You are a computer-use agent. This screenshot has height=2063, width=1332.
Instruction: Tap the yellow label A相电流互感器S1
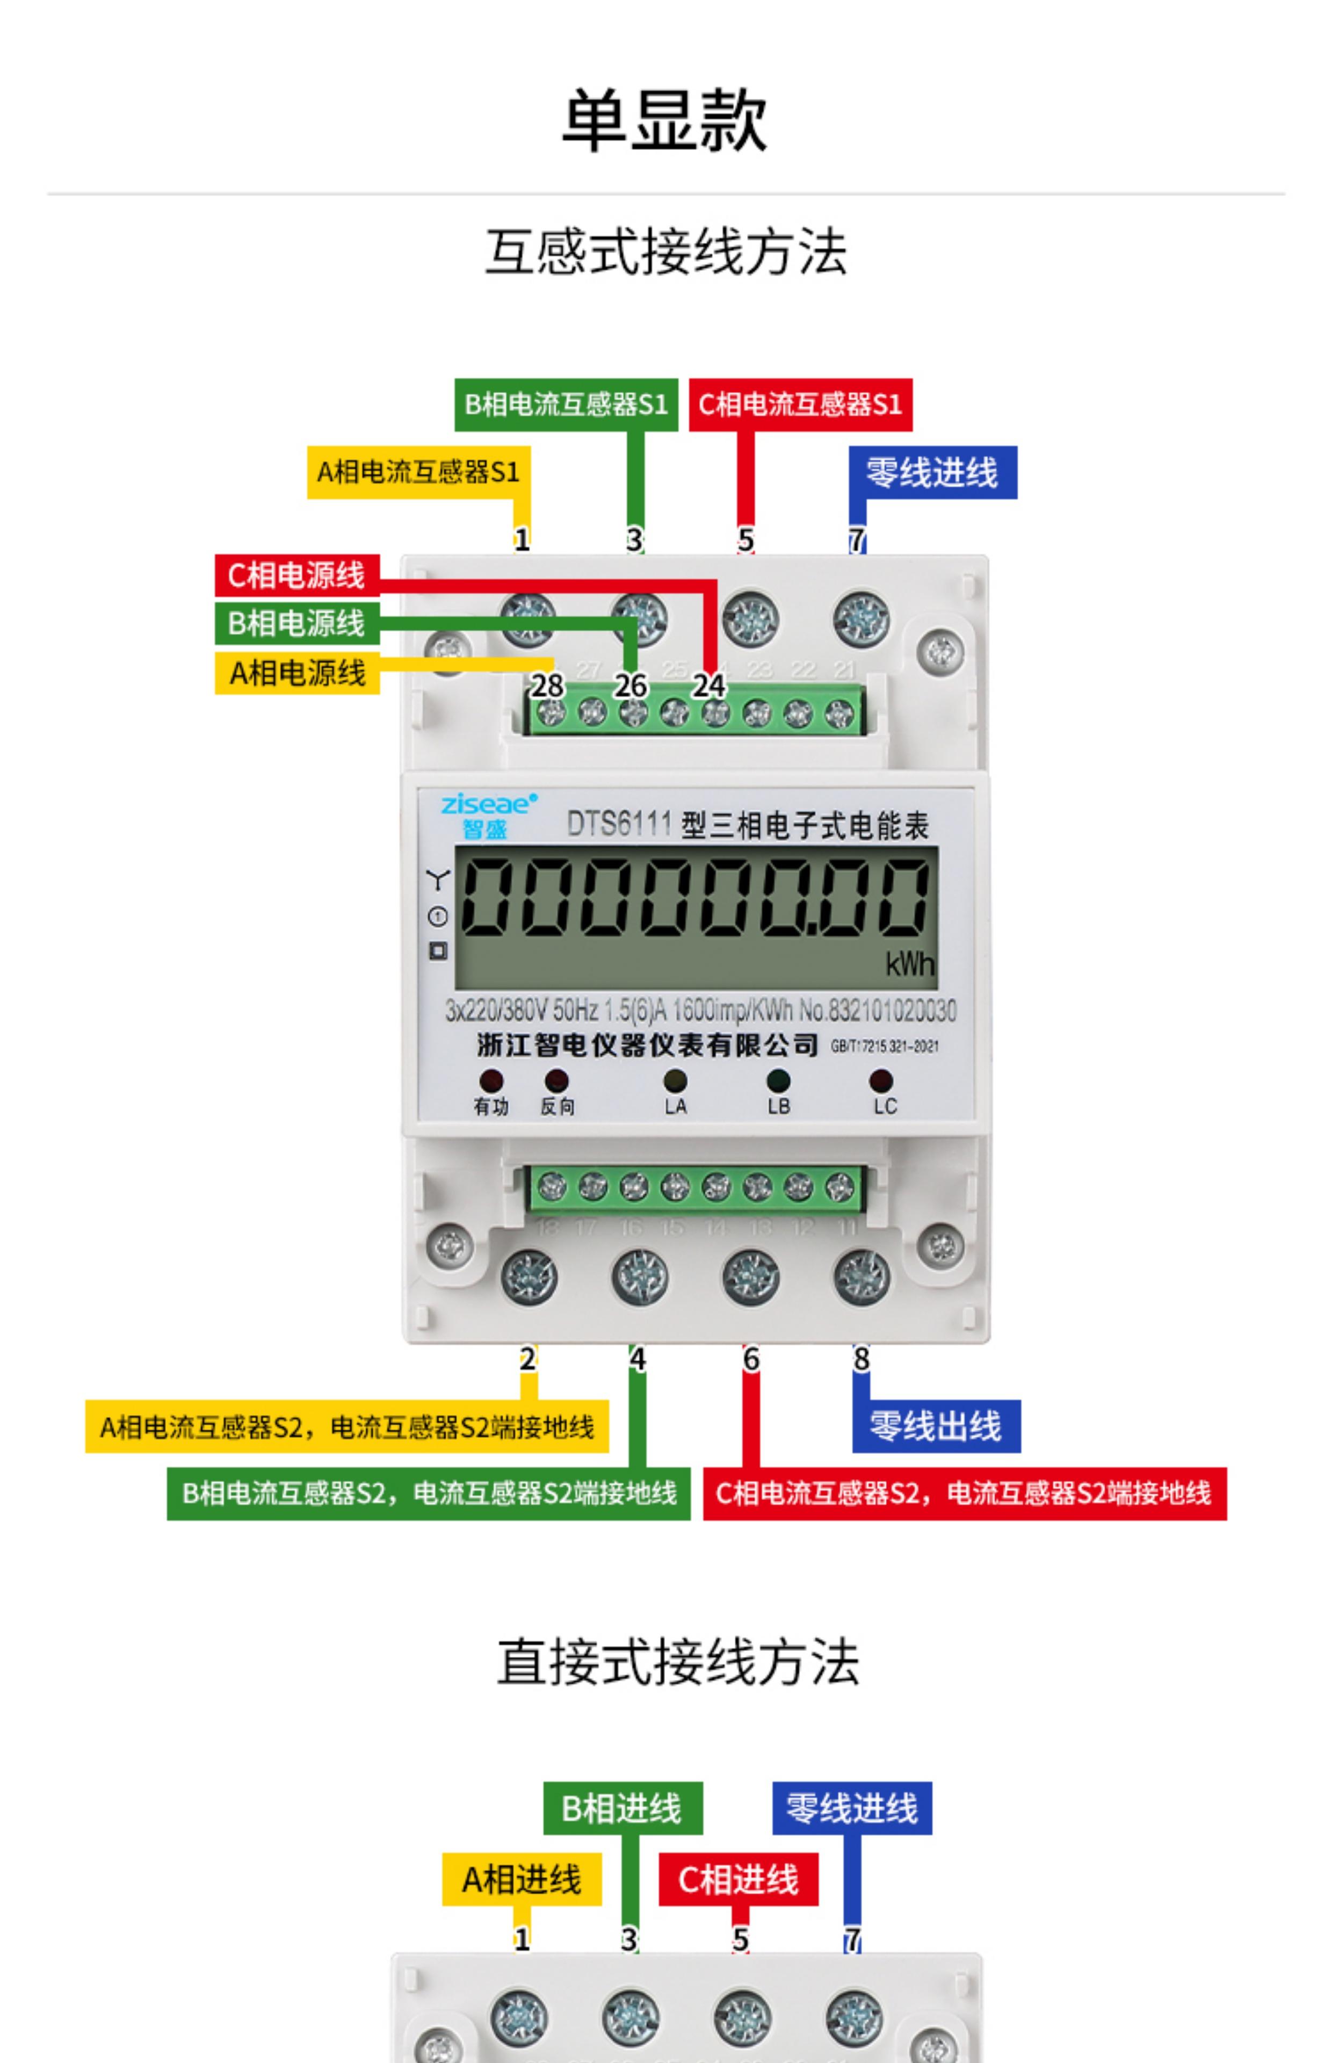[418, 472]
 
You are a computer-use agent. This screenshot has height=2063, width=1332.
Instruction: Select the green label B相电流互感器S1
[566, 404]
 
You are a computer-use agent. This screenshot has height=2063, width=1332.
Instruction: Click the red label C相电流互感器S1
[800, 404]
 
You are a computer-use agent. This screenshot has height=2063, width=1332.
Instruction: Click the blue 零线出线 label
[935, 1425]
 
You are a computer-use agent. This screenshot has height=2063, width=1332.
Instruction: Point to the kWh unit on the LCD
[909, 964]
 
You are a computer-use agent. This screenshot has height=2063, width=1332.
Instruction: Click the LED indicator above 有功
[490, 1079]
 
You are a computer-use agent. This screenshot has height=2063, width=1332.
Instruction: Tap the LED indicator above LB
[778, 1079]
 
